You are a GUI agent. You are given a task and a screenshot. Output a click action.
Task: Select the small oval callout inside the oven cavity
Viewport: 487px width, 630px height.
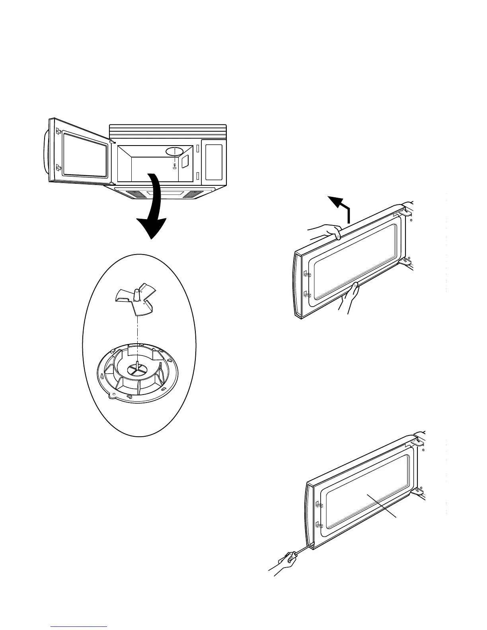pos(174,151)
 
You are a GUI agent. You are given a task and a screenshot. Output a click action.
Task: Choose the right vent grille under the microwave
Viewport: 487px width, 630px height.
pos(193,194)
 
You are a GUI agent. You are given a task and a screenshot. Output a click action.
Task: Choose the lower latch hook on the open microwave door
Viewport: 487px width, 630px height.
pos(58,168)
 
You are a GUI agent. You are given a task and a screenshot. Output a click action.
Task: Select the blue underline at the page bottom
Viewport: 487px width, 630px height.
pos(79,627)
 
